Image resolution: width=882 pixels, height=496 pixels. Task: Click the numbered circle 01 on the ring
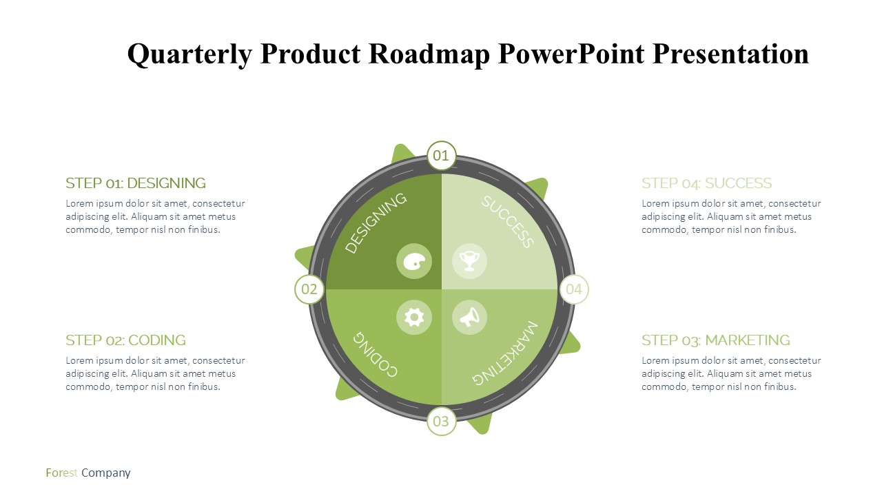[442, 156]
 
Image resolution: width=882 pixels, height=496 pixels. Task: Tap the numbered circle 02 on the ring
[309, 289]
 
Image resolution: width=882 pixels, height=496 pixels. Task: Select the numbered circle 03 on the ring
[442, 421]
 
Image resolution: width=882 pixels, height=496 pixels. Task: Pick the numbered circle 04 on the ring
[574, 289]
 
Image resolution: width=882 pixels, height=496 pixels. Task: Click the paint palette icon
[414, 261]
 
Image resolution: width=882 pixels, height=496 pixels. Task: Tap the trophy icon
[469, 261]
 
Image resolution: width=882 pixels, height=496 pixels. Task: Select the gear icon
[414, 318]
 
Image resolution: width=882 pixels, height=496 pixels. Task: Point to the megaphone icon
[469, 318]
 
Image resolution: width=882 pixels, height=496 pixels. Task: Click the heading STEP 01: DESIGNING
[136, 183]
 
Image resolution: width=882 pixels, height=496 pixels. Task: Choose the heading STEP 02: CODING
[125, 340]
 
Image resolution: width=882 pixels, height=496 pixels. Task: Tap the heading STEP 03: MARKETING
[716, 340]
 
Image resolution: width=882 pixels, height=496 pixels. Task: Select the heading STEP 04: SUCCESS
[707, 183]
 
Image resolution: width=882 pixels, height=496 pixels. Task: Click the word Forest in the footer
[62, 473]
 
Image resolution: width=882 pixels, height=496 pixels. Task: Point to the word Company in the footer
[106, 473]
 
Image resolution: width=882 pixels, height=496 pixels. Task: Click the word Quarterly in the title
[189, 54]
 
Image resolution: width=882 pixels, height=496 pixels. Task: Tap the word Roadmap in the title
[429, 54]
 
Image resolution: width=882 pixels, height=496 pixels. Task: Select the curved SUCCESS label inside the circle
[508, 222]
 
